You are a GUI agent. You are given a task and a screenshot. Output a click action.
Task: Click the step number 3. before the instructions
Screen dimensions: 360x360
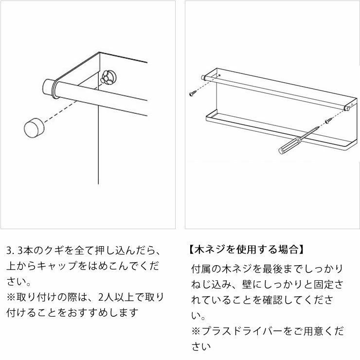click(10, 252)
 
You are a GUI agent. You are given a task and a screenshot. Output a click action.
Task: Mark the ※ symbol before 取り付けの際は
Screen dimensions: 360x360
click(11, 297)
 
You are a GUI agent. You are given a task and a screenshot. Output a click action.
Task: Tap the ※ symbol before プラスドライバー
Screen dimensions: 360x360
click(196, 331)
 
